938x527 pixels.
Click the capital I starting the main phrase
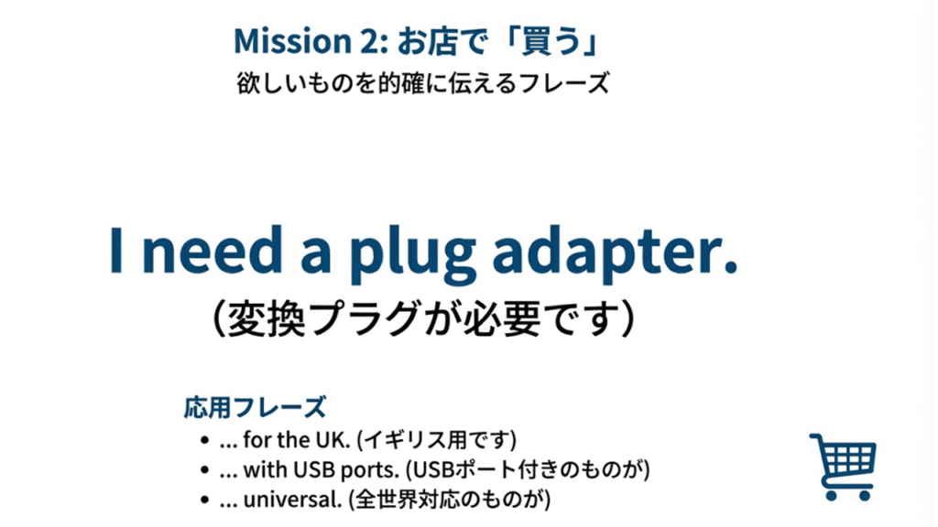coord(116,248)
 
